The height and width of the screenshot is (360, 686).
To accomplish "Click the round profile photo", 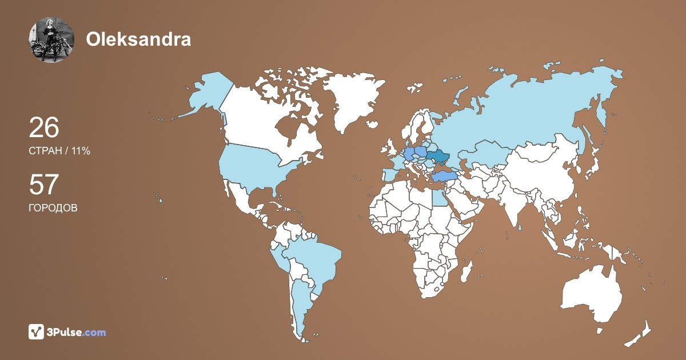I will click(51, 39).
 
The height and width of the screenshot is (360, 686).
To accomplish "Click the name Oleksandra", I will click(138, 39).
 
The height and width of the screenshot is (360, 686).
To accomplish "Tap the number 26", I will click(44, 127).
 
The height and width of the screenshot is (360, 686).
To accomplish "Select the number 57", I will click(44, 185).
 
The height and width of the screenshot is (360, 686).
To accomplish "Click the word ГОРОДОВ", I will click(53, 208).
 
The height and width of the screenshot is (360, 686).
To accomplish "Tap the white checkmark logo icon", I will click(37, 331).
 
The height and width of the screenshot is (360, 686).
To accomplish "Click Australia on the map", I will click(592, 291).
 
